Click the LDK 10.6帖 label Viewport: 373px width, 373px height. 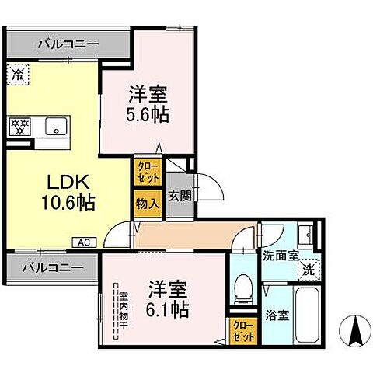tap(71, 193)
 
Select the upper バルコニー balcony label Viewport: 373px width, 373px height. tap(68, 45)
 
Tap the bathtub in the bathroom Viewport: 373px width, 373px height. tap(305, 315)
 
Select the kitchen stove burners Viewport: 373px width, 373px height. tap(19, 125)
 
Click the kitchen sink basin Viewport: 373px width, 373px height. tap(55, 126)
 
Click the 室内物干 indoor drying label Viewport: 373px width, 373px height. tap(122, 309)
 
